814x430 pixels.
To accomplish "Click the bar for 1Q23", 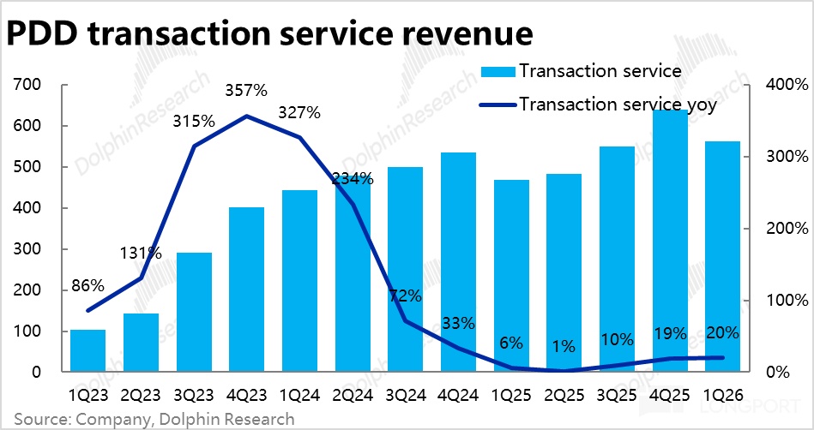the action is coord(87,350).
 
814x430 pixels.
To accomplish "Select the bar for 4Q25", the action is coord(670,240).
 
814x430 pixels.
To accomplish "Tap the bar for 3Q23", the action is coord(194,312).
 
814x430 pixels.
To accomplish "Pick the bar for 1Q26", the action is coord(722,256).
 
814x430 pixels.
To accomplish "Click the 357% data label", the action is coord(246,92).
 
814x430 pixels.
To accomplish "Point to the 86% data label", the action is coord(88,285).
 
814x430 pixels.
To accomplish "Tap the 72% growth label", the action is coord(406,296).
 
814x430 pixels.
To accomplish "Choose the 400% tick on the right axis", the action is coord(787,85).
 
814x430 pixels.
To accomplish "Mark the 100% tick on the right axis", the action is coord(787,301).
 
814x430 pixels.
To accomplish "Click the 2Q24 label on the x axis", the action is coord(353,395).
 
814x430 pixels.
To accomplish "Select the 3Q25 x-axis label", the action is coord(617,395).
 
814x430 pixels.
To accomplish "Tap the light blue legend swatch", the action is coord(497,72).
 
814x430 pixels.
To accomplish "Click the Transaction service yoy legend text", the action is coord(618,105).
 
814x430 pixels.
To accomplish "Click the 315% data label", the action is coord(194,122).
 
